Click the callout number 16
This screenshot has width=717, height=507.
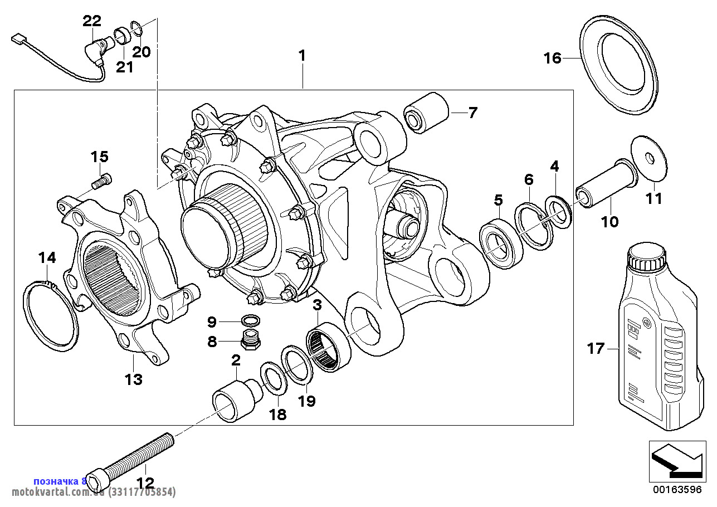click(553, 58)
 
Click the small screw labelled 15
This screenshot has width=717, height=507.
click(101, 181)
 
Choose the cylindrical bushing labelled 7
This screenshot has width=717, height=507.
click(427, 112)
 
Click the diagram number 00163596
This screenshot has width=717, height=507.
click(678, 491)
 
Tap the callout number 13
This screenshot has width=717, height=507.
click(134, 380)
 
